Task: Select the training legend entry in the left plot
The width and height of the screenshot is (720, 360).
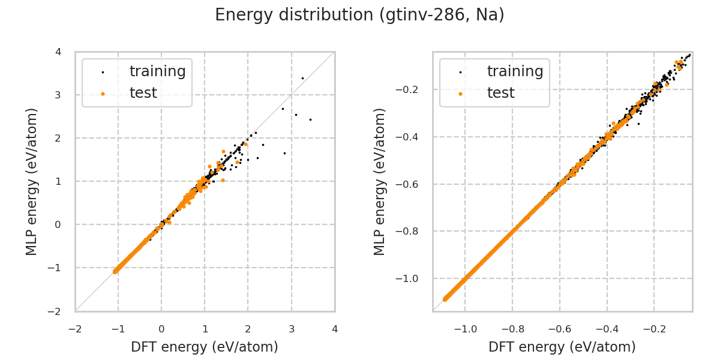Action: pos(157,71)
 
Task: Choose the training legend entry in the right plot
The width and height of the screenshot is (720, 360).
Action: pos(515,71)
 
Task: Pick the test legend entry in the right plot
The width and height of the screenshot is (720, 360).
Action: pos(500,93)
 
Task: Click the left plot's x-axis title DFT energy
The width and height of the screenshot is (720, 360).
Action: pos(205,347)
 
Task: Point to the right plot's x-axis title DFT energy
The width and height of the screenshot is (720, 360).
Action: pos(562,347)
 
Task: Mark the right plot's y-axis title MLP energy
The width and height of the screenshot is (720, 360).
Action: pos(380,181)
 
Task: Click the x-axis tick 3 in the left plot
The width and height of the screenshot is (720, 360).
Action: pos(292,329)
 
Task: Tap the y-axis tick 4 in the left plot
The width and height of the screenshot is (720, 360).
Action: pos(58,52)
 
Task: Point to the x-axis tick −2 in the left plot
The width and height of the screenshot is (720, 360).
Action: pos(75,329)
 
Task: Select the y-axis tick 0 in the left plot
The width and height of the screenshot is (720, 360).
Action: pos(58,224)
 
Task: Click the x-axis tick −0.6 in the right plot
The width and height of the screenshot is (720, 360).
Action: pos(560,329)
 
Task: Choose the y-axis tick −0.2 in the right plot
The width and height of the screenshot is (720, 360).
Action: pos(410,89)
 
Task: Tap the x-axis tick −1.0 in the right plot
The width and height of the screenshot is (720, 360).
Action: pos(466,329)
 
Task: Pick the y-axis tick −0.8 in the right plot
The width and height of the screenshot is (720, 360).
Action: pos(410,231)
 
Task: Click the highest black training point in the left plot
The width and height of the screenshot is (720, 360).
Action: pos(302,78)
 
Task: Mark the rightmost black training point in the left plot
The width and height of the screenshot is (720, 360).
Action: pos(310,119)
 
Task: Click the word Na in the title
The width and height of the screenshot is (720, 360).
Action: pos(487,15)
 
